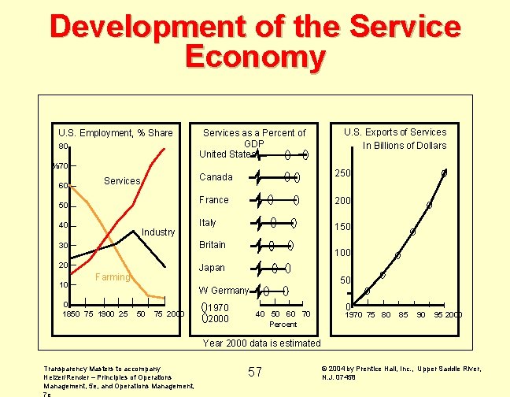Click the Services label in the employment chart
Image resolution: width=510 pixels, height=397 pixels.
122,181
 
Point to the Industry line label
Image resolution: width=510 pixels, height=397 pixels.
158,232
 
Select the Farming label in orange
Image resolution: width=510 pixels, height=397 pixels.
112,277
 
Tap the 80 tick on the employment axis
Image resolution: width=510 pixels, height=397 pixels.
62,147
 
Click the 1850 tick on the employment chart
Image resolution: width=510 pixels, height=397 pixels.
71,315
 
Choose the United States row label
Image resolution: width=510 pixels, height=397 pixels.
227,154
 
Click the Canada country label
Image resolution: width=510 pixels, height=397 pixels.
216,176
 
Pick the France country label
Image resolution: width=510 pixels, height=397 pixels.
214,200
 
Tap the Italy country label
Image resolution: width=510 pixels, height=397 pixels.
208,223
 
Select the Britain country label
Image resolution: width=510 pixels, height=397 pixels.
213,245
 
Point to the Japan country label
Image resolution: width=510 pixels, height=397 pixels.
212,268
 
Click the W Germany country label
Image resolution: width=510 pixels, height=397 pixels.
224,291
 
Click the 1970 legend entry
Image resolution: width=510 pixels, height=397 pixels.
217,308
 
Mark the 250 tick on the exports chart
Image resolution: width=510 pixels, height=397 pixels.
340,173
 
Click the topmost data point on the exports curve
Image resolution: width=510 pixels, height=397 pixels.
444,173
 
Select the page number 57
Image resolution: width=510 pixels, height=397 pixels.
255,372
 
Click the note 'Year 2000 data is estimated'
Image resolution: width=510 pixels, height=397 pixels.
261,343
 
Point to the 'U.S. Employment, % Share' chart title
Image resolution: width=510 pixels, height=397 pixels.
116,132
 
